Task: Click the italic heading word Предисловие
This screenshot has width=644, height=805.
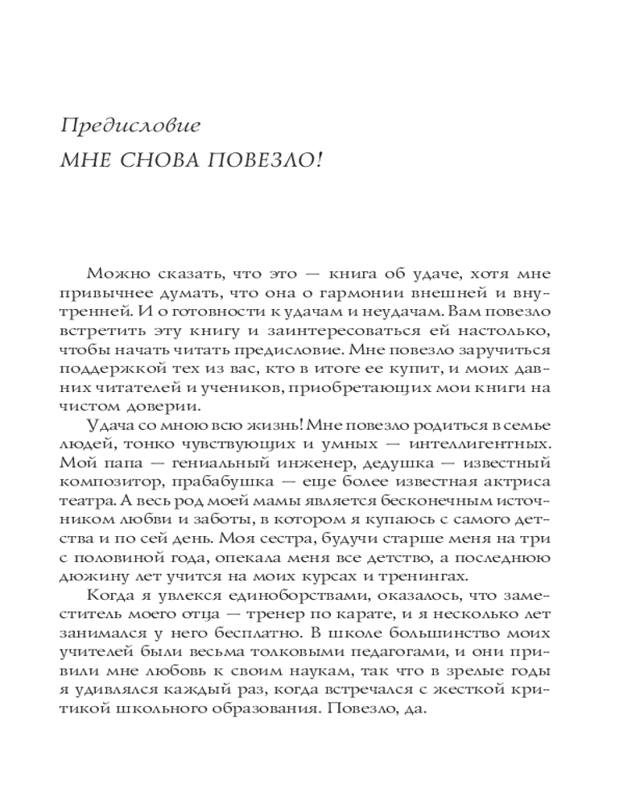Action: [x=118, y=126]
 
